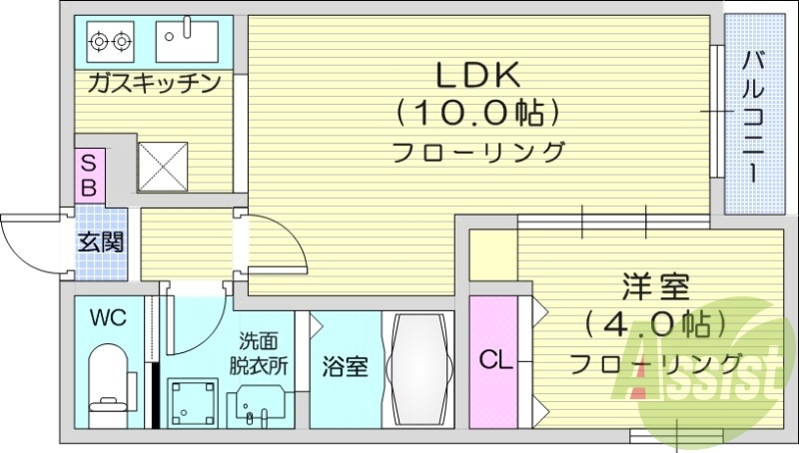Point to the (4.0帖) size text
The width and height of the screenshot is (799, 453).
click(x=655, y=324)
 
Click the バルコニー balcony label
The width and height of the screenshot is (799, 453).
click(x=754, y=114)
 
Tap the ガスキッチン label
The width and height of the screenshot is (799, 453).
click(x=154, y=83)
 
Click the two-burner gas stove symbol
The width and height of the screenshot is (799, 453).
click(x=111, y=42)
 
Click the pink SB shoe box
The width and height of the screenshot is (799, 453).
click(x=88, y=175)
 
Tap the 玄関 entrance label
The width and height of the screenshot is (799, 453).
click(x=101, y=241)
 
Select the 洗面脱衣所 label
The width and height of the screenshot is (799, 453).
click(x=263, y=352)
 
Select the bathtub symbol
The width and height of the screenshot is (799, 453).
click(x=418, y=369)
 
